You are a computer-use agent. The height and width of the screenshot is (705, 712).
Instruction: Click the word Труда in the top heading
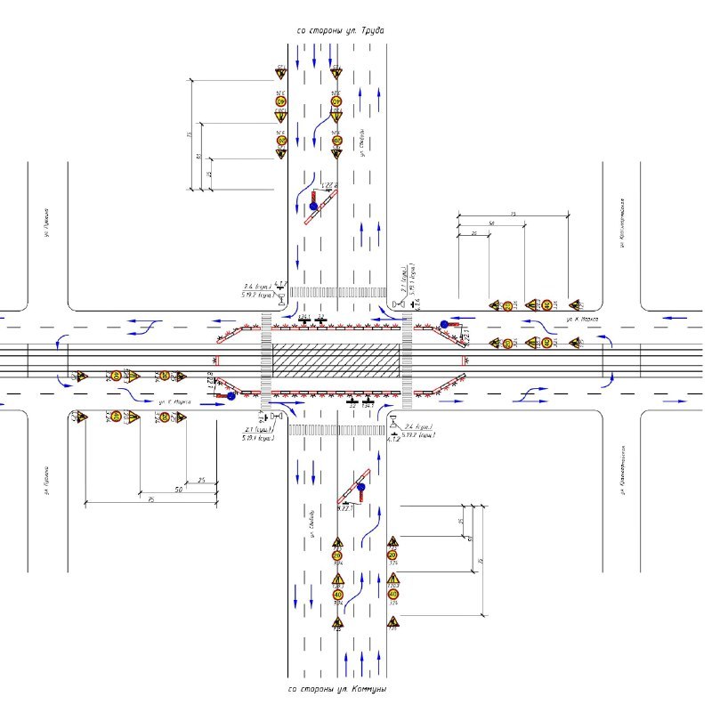click(x=372, y=30)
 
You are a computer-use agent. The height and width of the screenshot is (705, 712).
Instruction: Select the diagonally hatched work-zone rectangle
click(x=336, y=360)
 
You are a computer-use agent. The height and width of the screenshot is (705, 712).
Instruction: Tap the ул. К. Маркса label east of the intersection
click(x=584, y=318)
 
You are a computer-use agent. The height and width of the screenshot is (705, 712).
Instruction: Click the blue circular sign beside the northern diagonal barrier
click(x=313, y=207)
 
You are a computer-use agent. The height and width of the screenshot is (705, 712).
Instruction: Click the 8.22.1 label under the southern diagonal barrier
click(x=345, y=508)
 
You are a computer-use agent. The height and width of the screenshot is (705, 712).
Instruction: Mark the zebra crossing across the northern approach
click(x=338, y=292)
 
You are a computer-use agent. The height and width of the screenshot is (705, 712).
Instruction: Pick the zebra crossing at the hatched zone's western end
click(x=265, y=361)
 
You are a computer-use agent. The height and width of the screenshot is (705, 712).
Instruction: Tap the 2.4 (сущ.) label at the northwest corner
click(x=258, y=285)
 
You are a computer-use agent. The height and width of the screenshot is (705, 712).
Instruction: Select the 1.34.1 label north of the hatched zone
click(x=304, y=316)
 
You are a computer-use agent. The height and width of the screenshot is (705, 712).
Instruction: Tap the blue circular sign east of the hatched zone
click(x=444, y=325)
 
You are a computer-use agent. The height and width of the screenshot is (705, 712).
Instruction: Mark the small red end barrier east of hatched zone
click(x=465, y=361)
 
